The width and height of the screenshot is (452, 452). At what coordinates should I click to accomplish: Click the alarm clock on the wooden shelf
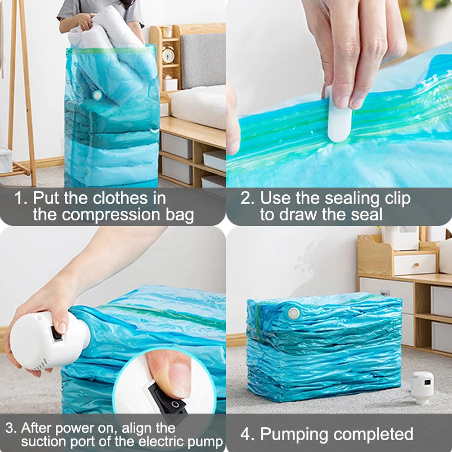pos(168,55)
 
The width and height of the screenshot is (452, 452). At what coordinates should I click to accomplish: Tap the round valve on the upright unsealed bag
pos(97,95)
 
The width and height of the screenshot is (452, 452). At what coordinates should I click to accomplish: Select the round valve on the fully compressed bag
pos(293,312)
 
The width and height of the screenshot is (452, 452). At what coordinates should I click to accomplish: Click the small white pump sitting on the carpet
pos(422,388)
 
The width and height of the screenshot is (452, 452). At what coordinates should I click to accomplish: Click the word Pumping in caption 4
pos(297,434)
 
